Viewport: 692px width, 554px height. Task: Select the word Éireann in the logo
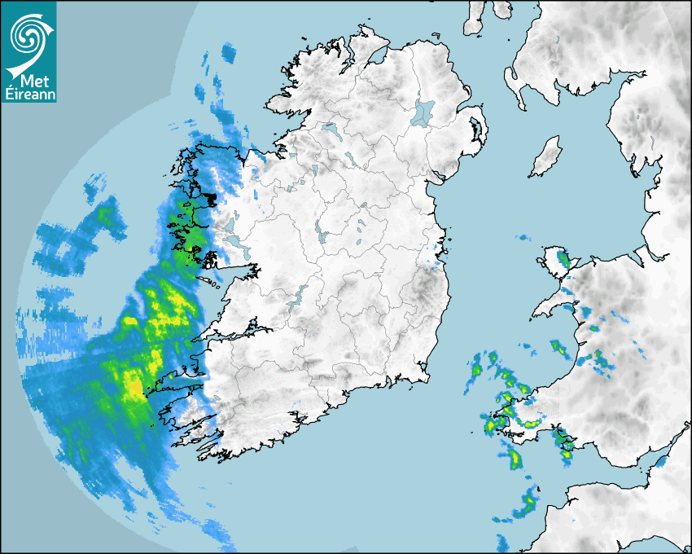(x=29, y=95)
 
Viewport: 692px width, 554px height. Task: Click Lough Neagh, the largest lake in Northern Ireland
(x=423, y=112)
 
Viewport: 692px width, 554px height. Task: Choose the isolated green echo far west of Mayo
(x=105, y=213)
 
